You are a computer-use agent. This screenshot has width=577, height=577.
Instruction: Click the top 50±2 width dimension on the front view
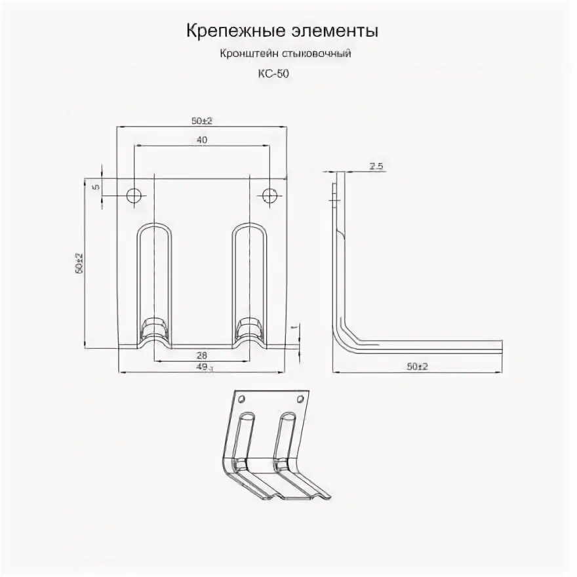click(203, 120)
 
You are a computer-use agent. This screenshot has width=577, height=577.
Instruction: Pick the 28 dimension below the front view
click(201, 355)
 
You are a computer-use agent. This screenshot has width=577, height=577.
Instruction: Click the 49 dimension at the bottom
click(203, 368)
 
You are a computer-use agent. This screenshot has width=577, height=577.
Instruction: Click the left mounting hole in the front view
click(134, 195)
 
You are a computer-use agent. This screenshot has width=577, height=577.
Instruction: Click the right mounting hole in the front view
click(269, 195)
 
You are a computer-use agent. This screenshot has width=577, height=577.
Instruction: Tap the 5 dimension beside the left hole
click(95, 187)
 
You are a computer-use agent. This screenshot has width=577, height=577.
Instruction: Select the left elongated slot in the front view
click(155, 275)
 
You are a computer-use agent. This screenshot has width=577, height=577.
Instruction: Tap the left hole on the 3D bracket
click(241, 399)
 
